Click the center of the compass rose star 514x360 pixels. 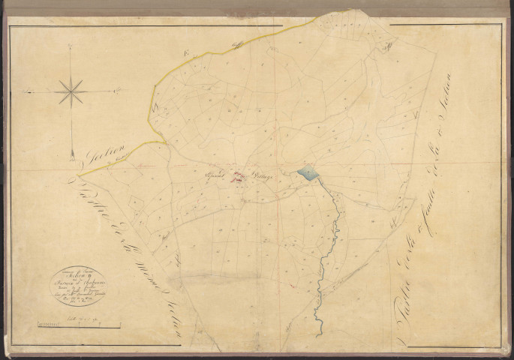click(x=71, y=92)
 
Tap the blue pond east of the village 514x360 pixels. click(x=308, y=175)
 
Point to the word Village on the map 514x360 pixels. click(x=265, y=176)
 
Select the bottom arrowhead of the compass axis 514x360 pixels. click(x=71, y=154)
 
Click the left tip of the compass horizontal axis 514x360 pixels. click(x=26, y=92)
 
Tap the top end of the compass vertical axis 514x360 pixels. click(x=71, y=46)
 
